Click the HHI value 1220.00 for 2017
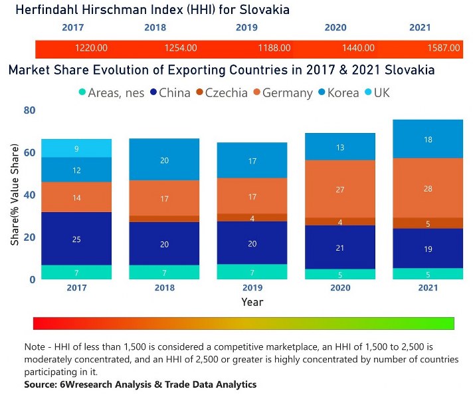[92, 49]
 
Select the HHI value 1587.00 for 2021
[444, 49]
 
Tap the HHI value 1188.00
[274, 49]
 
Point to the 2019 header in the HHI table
[246, 28]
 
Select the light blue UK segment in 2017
[76, 148]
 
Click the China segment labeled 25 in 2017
[76, 238]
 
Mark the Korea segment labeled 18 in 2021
[428, 139]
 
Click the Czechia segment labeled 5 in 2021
[428, 223]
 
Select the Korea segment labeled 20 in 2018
[164, 160]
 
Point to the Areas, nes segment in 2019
[252, 271]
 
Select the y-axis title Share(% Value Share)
[14, 195]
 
